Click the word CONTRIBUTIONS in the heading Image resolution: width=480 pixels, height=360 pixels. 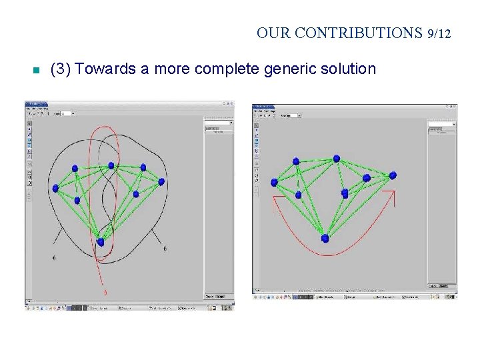[x=358, y=33]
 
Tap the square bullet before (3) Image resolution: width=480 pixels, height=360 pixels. [x=36, y=69]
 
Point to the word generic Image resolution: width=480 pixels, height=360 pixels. [x=287, y=69]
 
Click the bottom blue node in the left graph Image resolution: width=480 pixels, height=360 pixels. [x=101, y=242]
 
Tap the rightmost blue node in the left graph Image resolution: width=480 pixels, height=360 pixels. [x=161, y=180]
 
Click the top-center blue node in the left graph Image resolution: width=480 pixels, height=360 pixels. [x=111, y=165]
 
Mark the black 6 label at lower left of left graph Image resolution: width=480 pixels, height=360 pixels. [x=54, y=257]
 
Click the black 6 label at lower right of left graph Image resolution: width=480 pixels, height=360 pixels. [x=165, y=249]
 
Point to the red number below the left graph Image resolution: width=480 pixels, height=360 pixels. [x=105, y=292]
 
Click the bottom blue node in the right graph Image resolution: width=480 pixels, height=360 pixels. [x=325, y=238]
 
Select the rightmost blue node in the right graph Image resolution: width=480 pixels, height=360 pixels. [x=393, y=175]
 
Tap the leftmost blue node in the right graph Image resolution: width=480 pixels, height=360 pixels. [x=274, y=181]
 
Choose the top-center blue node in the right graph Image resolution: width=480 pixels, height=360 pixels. [x=337, y=158]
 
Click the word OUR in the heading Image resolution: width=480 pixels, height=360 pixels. [x=273, y=33]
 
